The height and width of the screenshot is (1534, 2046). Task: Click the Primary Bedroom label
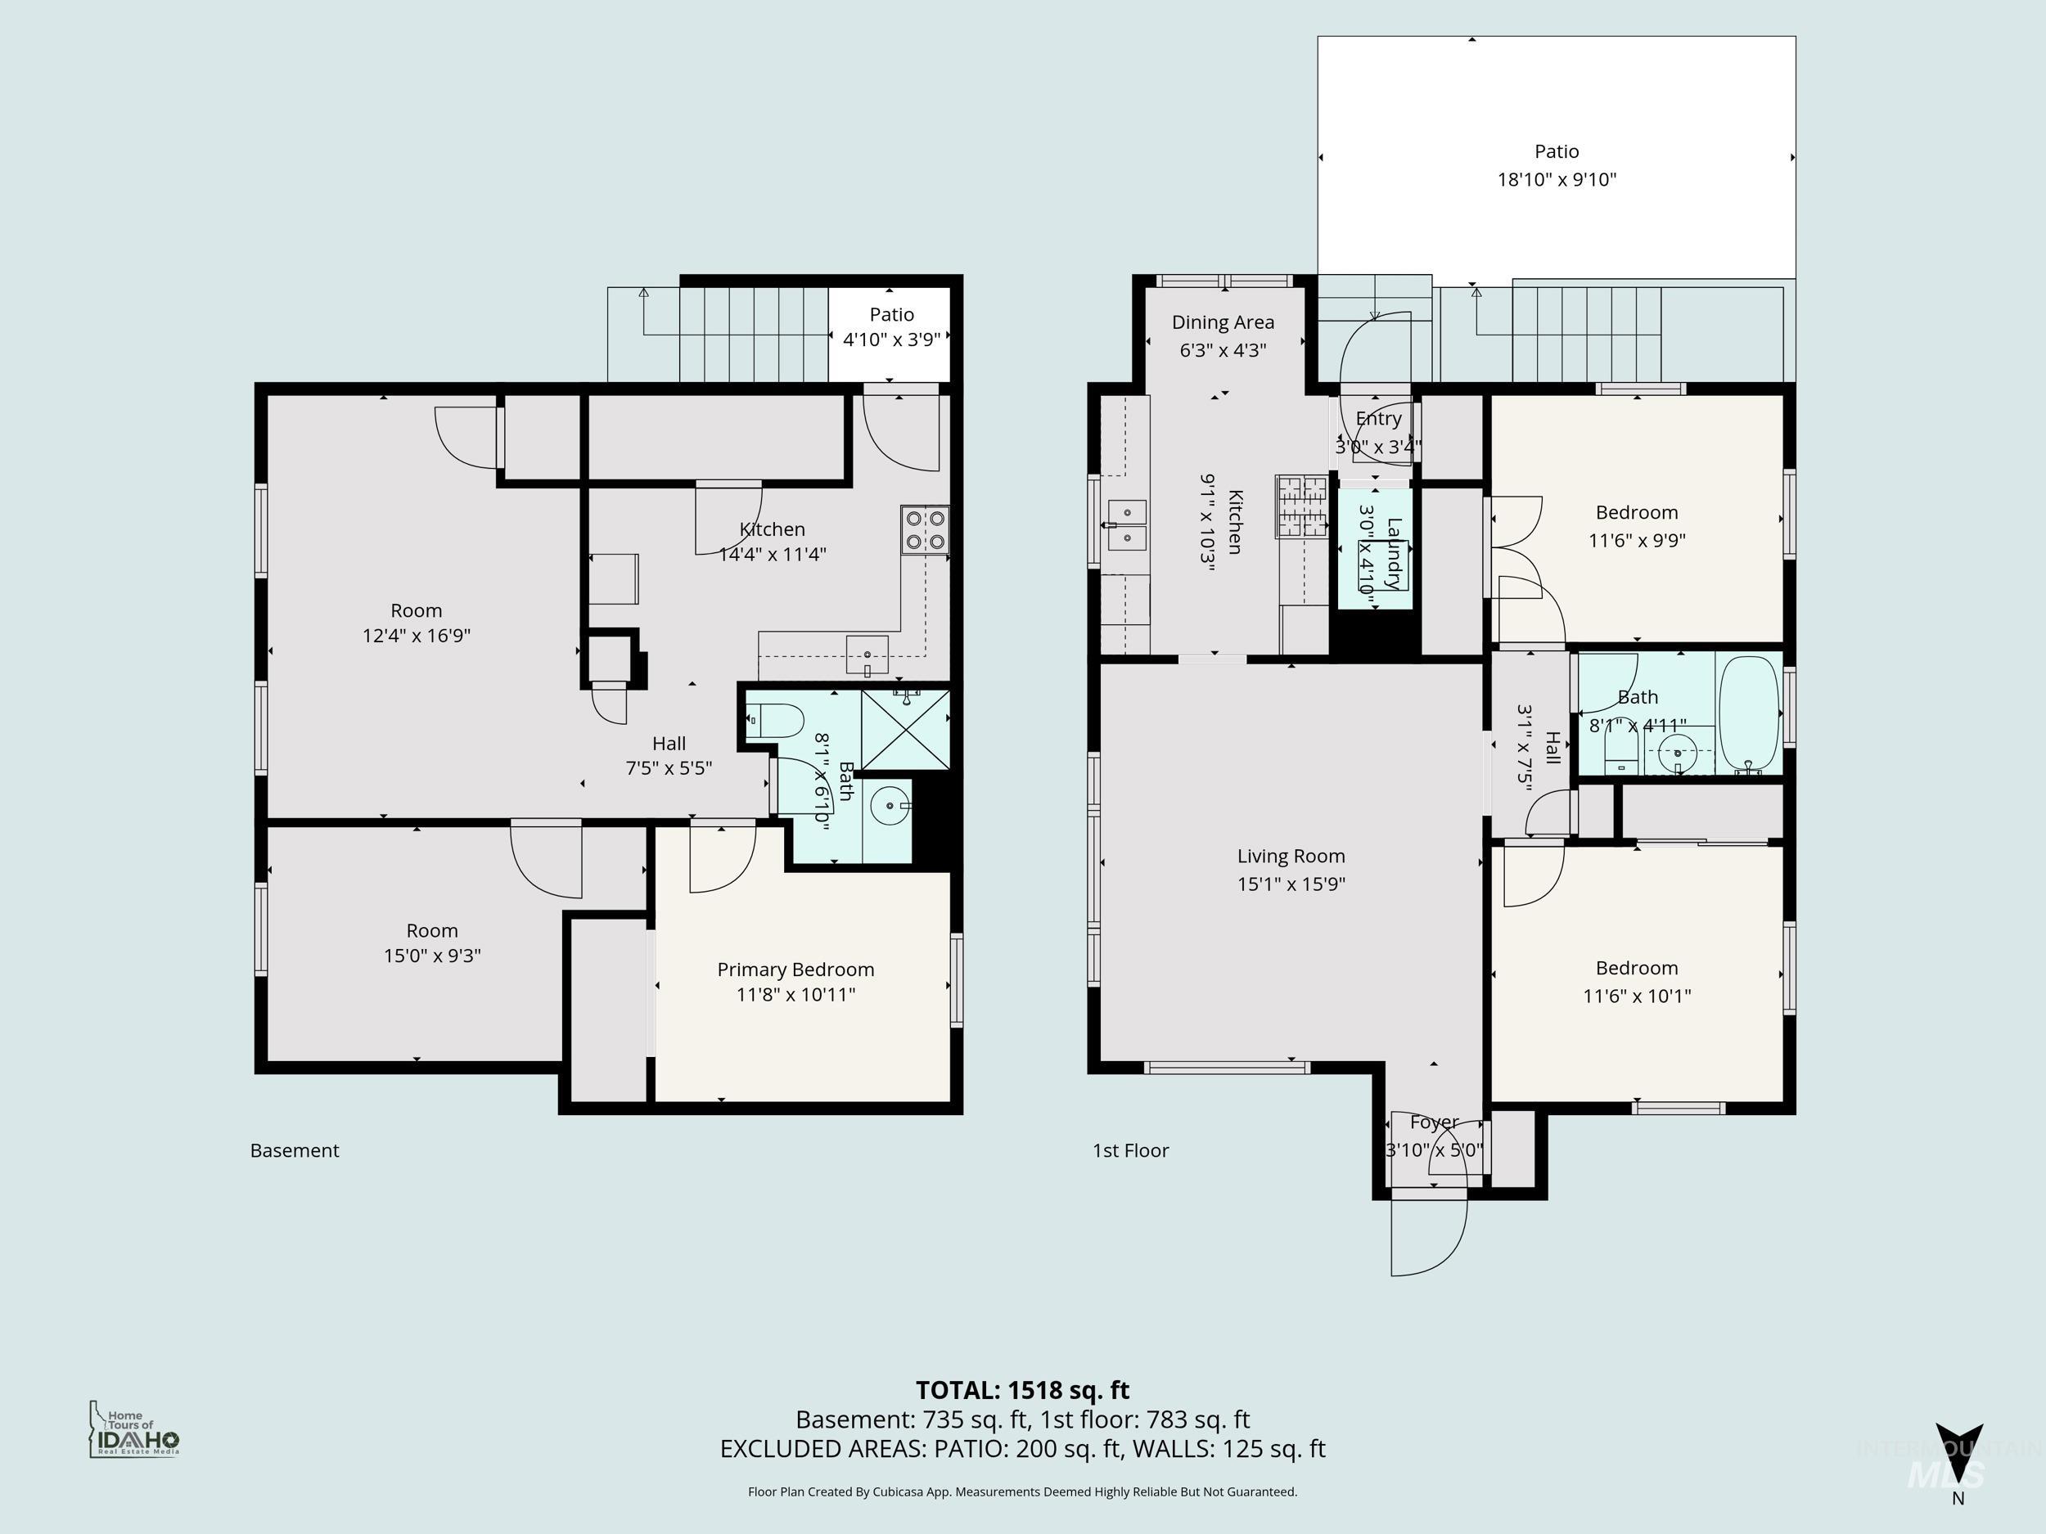click(x=795, y=969)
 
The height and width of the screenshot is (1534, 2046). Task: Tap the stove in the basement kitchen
click(x=925, y=530)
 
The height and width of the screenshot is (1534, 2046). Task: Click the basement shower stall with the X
click(x=905, y=729)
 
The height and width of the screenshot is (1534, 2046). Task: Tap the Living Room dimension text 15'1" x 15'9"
click(x=1291, y=884)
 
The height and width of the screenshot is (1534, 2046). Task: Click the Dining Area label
click(x=1222, y=322)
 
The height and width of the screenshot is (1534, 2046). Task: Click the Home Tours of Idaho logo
click(x=134, y=1429)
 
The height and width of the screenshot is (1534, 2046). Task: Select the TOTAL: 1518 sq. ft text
click(x=1022, y=1390)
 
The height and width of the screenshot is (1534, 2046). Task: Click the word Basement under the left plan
click(x=294, y=1150)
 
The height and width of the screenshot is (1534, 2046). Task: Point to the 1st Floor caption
click(x=1130, y=1150)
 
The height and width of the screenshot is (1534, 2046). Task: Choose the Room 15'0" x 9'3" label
click(x=432, y=942)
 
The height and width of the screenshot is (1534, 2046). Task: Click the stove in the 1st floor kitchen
click(x=1300, y=506)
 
